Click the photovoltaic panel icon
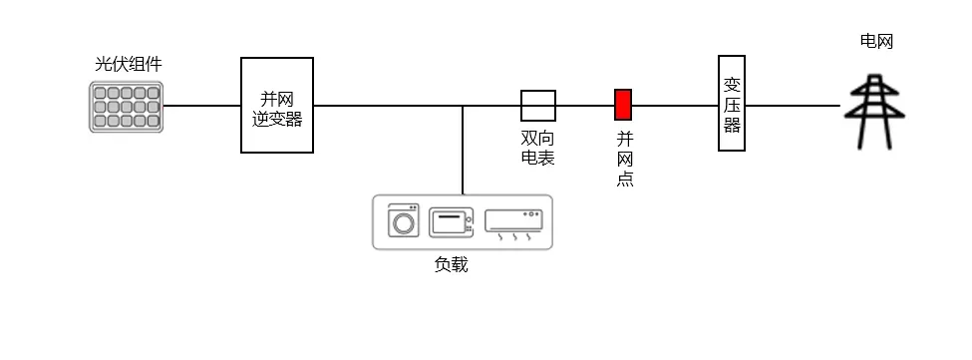pos(126,107)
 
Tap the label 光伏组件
pos(128,65)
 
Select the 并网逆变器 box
pos(277,105)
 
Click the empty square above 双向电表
pos(537,105)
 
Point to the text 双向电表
pos(537,149)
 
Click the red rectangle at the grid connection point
pos(623,105)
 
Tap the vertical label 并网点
pos(625,160)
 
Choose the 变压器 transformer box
pos(732,104)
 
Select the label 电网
pos(876,41)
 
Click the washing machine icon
pos(404,220)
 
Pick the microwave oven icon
pos(452,221)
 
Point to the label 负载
pos(451,264)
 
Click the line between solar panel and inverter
pos(201,105)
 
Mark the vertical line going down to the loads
pos(463,150)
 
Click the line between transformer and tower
pos(793,105)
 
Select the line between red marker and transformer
pos(675,105)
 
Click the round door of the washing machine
pos(404,223)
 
